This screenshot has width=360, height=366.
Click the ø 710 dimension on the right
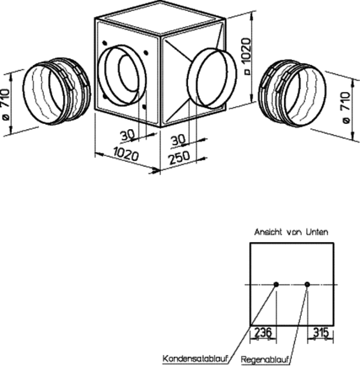point(347,107)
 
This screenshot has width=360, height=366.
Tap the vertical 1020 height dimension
point(247,56)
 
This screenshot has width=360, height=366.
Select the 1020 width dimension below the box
point(126,154)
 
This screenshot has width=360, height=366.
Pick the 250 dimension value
point(179,157)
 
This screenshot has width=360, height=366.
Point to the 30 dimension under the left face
point(127,135)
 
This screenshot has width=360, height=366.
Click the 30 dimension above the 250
point(178,140)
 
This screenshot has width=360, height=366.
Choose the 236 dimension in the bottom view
point(262,332)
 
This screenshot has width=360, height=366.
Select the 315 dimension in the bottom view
point(321,332)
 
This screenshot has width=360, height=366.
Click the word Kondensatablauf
point(194,359)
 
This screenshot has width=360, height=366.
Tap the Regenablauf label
point(265,359)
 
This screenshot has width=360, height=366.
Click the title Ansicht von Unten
point(291,232)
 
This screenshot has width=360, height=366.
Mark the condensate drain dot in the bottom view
point(276,284)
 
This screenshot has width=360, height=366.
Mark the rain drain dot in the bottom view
point(307,284)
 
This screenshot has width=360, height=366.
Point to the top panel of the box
point(160,18)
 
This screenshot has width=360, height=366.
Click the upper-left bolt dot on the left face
point(104,43)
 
